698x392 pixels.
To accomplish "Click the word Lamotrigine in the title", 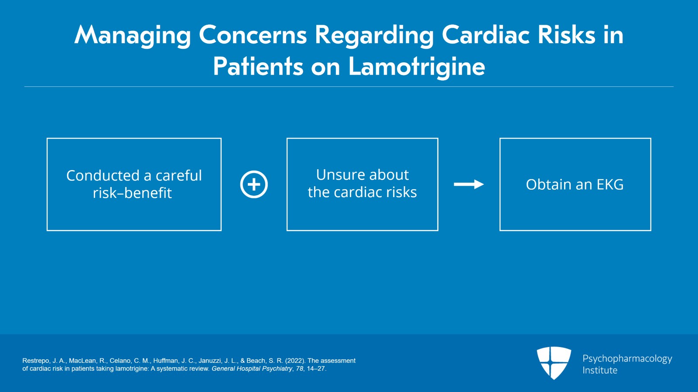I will pos(416,67).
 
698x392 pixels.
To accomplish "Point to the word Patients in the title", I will pos(258,67).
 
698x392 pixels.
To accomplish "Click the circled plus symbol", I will pos(254,184).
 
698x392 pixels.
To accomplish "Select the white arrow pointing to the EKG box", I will pos(469,184).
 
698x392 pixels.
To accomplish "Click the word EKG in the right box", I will pos(610,184).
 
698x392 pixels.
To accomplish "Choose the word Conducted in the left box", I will pos(103,176).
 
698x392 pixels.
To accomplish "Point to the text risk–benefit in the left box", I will pos(132,193).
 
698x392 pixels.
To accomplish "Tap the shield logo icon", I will pos(554,362).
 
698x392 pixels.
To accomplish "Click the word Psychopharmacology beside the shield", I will pos(627,358).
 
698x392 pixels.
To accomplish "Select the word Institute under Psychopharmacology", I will pos(600,370).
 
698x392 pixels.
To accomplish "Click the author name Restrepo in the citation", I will pos(36,361).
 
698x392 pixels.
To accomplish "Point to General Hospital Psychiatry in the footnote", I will pos(252,368).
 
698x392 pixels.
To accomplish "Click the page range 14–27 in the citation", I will pos(316,368).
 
